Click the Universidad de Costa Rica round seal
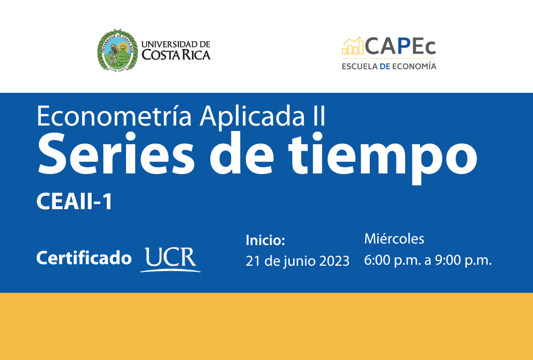117,50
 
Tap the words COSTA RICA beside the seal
176,55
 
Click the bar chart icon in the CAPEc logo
353,46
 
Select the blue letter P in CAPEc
403,47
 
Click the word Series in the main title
114,151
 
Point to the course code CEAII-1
74,202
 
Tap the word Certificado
84,258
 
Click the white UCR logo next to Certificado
171,259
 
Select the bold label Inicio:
265,241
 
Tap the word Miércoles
394,238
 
